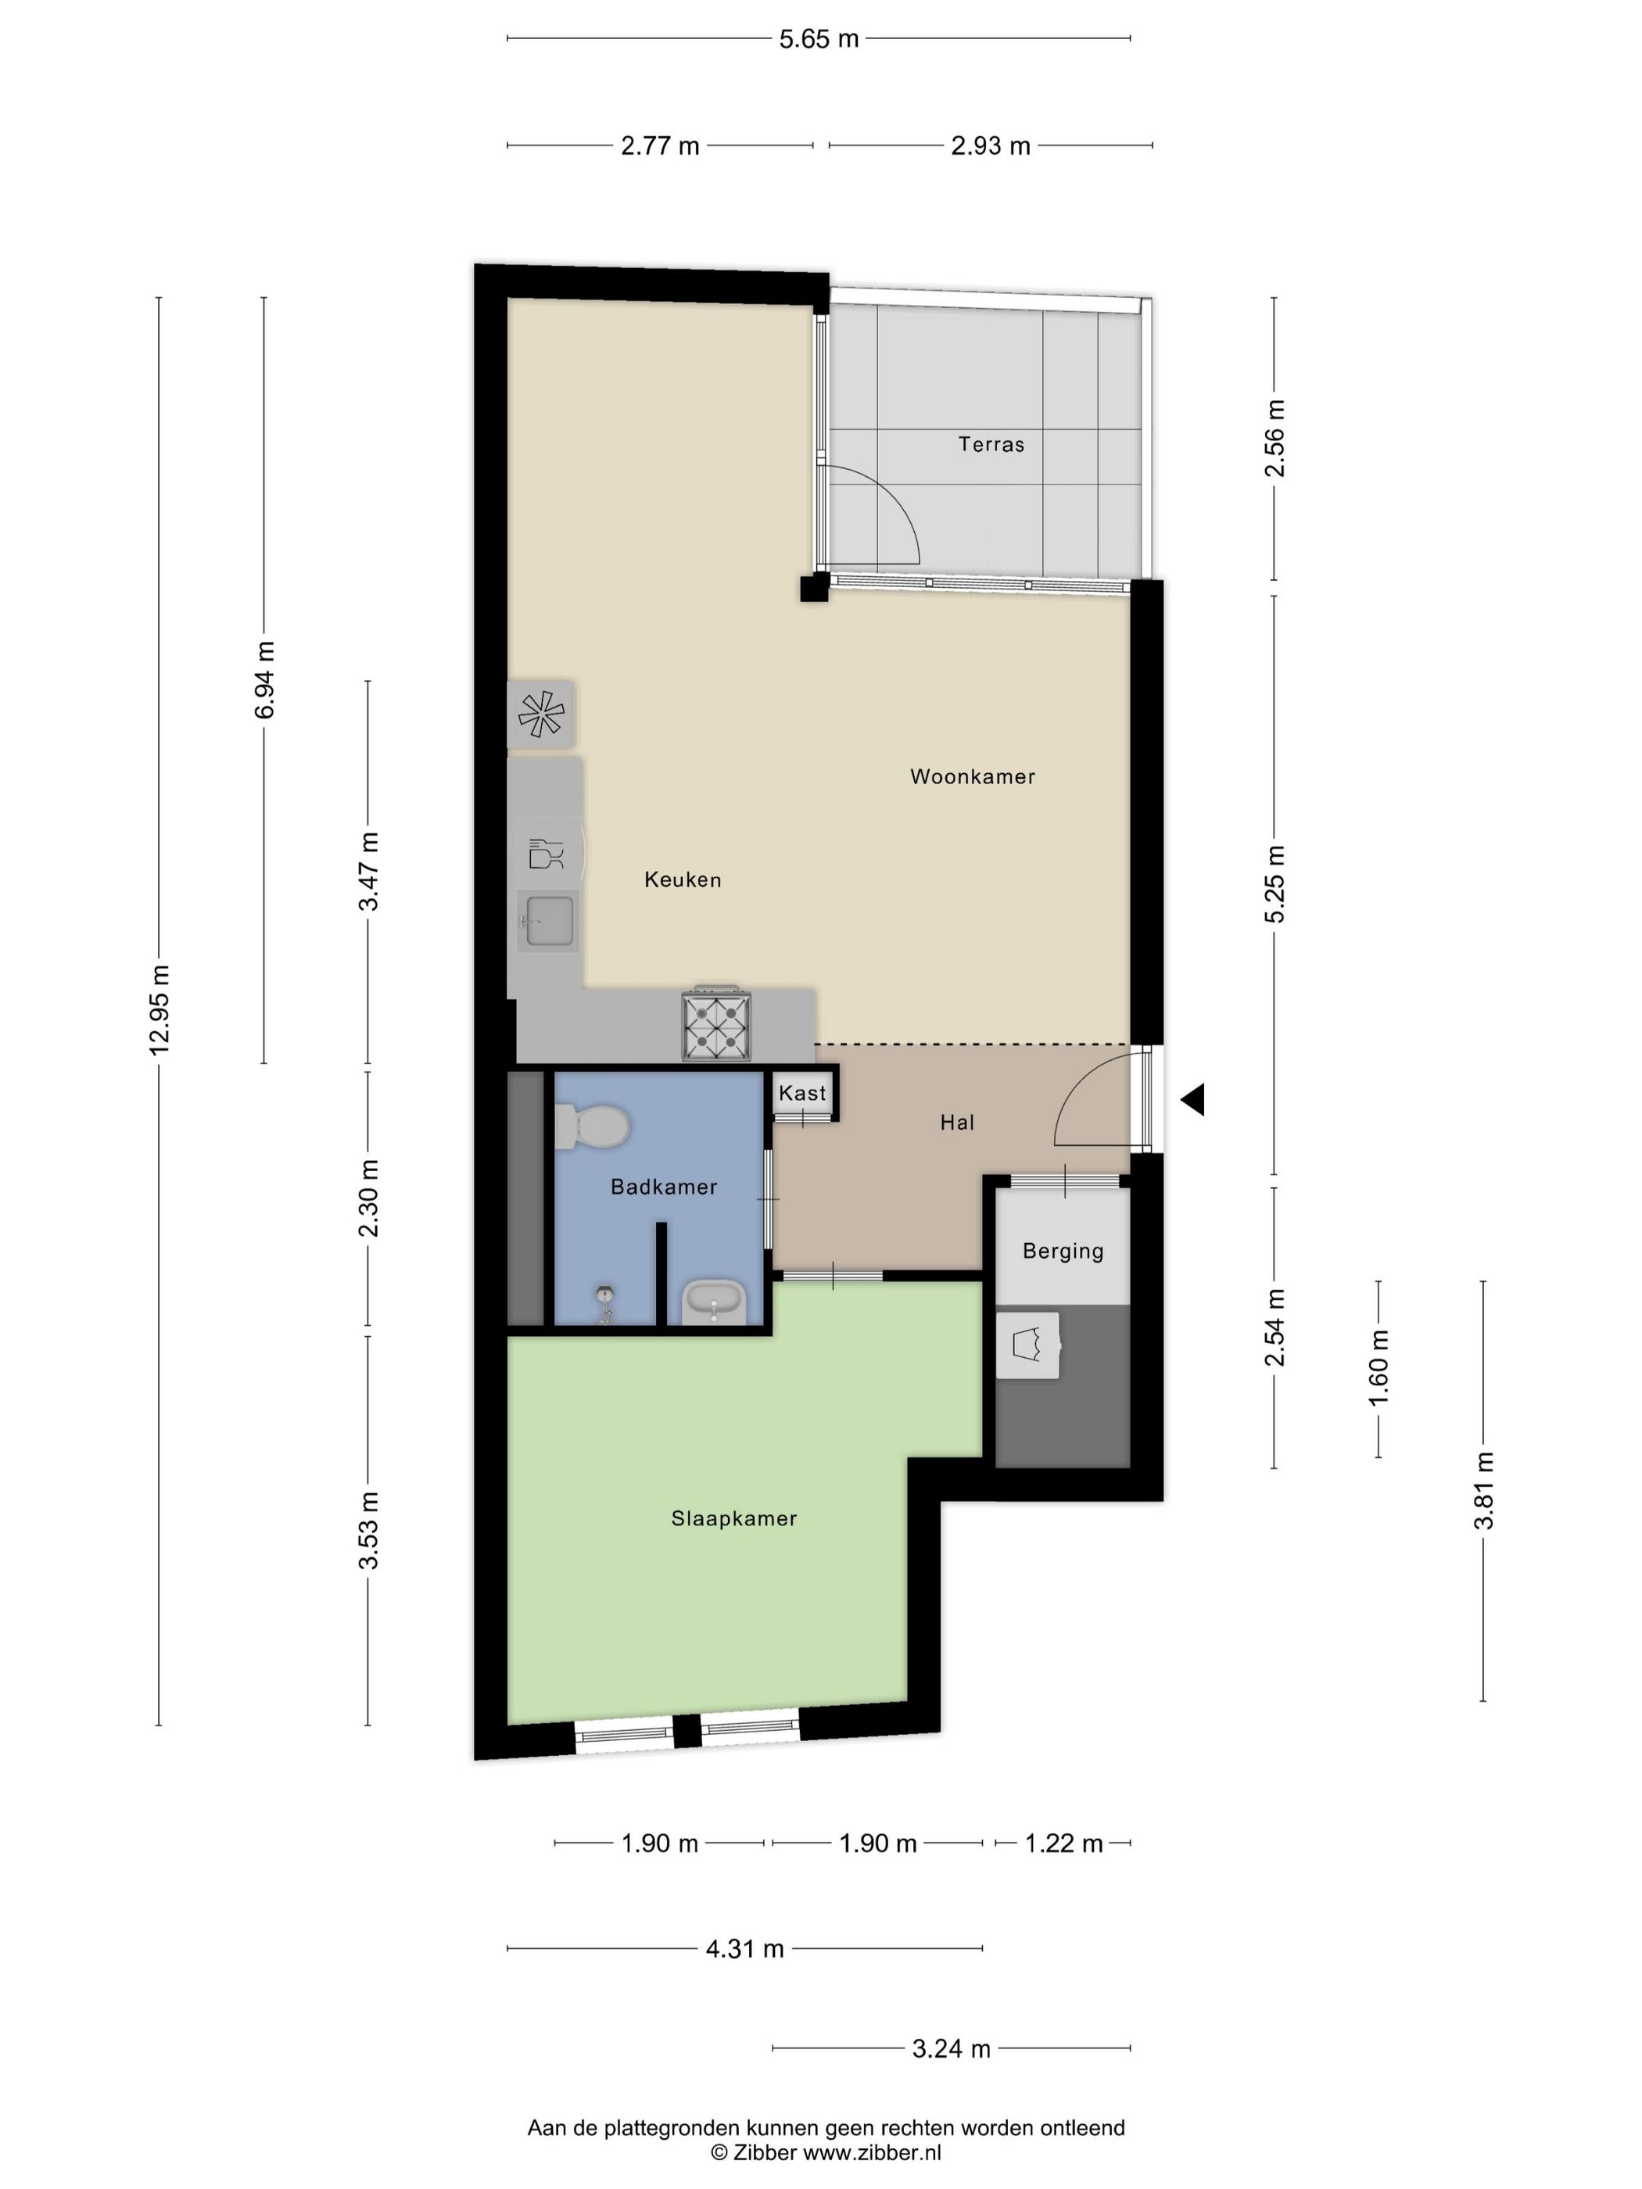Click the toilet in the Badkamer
point(591,1127)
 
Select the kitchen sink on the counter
point(547,920)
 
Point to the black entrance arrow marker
point(1192,1099)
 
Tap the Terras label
point(991,444)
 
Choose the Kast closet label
point(801,1092)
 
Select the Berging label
point(1063,1252)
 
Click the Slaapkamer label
point(733,1518)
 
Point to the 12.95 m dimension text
point(160,1009)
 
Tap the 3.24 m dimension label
point(951,2047)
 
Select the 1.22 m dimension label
point(1063,1843)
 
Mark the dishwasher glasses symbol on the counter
point(545,853)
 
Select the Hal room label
point(957,1122)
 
